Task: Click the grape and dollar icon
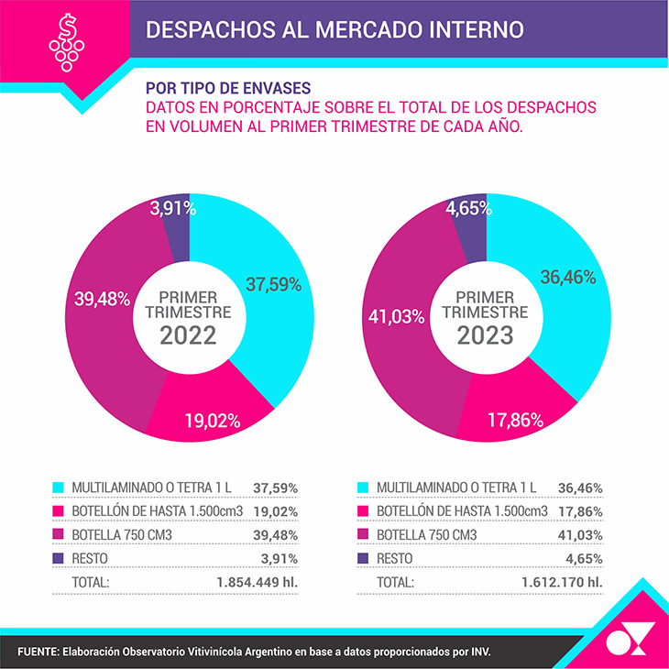[x=65, y=41]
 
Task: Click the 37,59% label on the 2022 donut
[x=273, y=284]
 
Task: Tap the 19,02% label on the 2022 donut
[x=211, y=422]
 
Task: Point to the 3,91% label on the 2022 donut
[x=173, y=208]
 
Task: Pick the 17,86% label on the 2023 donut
[x=515, y=421]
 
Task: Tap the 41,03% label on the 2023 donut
[x=396, y=316]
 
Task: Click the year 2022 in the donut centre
[x=188, y=334]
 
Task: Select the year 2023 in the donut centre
[x=485, y=334]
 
